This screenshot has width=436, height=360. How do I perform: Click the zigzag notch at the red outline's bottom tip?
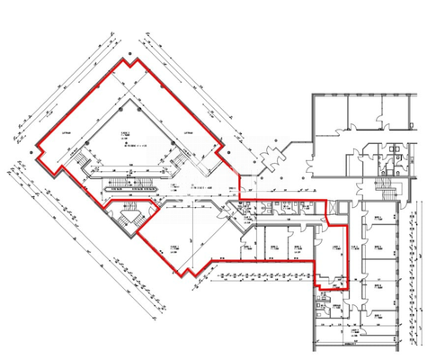coord(191,270)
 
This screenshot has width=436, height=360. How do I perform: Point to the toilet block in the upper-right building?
coord(393,162)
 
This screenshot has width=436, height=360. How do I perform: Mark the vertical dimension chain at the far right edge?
coord(423,270)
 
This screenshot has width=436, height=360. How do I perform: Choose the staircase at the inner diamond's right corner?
coord(184,162)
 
